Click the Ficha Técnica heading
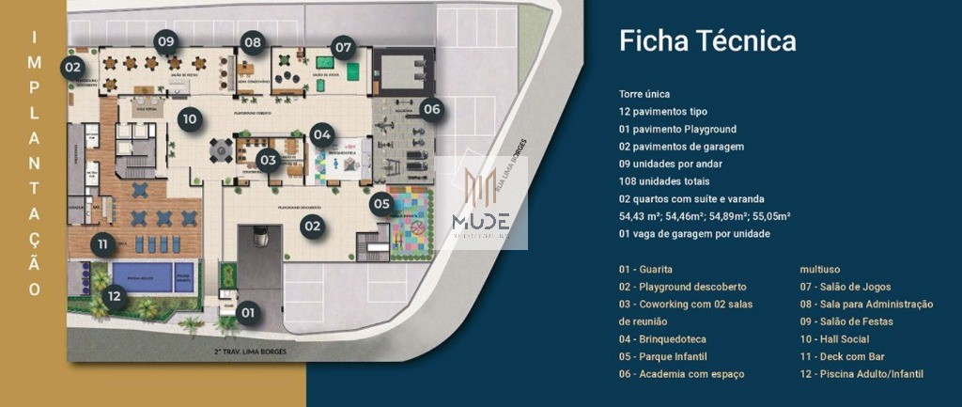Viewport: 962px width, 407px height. [x=707, y=40]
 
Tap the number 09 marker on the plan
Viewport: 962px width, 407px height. [x=167, y=40]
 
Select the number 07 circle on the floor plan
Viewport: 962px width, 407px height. [x=343, y=45]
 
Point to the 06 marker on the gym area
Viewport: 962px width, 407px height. [x=431, y=109]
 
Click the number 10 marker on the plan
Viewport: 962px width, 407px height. [x=190, y=118]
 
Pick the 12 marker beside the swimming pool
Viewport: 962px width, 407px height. [x=114, y=296]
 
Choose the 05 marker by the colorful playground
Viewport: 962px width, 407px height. [x=380, y=202]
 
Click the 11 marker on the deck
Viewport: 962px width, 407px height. [x=103, y=244]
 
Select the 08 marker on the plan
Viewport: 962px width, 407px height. [x=252, y=41]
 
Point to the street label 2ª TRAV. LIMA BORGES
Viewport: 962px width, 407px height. [x=249, y=352]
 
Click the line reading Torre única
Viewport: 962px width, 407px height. [x=644, y=94]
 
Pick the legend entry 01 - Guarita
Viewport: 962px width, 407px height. [x=645, y=270]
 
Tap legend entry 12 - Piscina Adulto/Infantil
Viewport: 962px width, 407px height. [x=861, y=374]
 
